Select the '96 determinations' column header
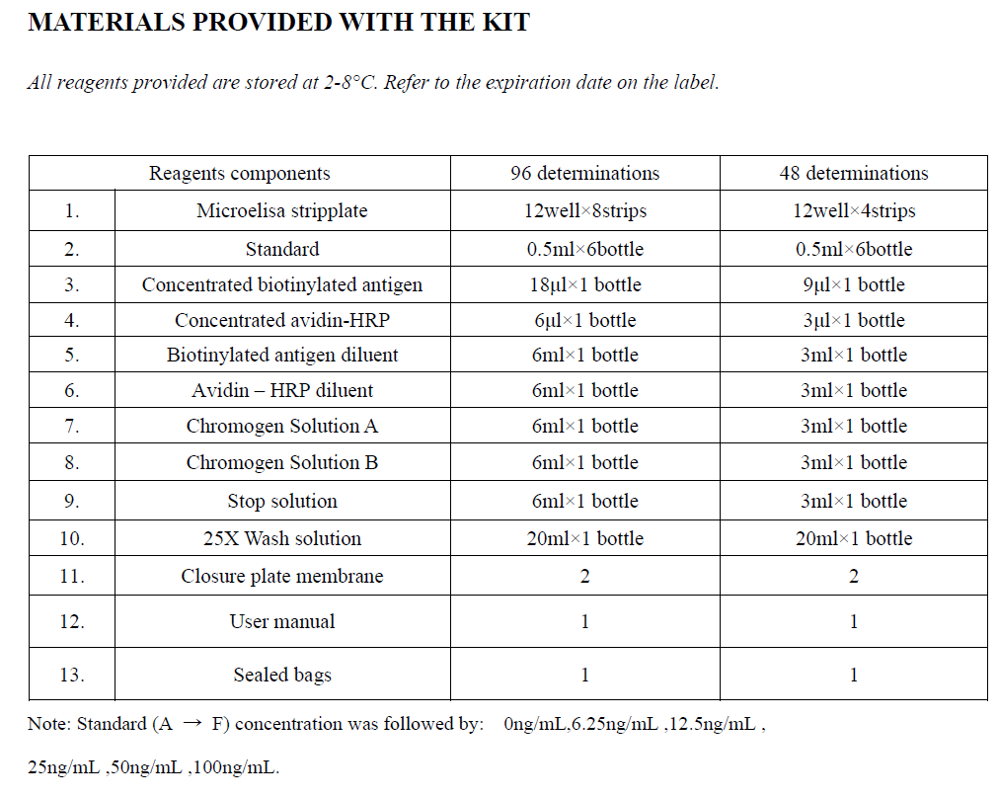[x=584, y=173]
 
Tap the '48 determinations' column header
[x=854, y=173]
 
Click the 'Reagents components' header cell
[x=239, y=173]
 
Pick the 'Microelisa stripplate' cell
[x=282, y=210]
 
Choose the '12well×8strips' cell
[x=585, y=210]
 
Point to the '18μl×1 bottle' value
[x=585, y=284]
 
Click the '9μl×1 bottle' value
[x=854, y=284]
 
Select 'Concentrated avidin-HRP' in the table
[x=282, y=320]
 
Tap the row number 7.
[x=71, y=427]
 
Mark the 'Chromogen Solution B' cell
[x=282, y=462]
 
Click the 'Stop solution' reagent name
[x=282, y=501]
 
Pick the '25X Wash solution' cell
[x=282, y=538]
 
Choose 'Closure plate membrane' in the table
[x=282, y=576]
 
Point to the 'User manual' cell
[x=282, y=621]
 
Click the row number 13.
[x=71, y=676]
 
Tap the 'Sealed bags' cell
[x=282, y=676]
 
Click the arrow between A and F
[x=192, y=724]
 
